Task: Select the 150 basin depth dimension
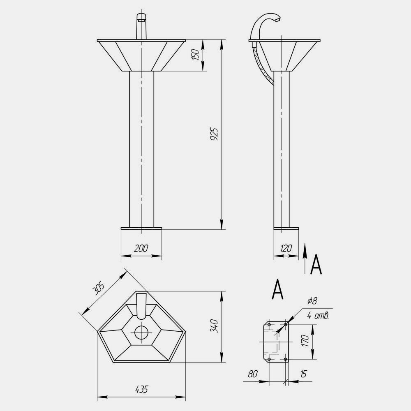pos(196,55)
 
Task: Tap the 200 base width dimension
pos(141,248)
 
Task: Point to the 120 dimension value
pos(286,248)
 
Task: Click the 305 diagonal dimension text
pos(99,289)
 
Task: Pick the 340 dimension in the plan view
pos(215,326)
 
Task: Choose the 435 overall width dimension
pos(141,389)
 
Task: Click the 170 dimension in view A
pos(305,340)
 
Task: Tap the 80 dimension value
pos(253,374)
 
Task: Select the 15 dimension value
pos(303,374)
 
